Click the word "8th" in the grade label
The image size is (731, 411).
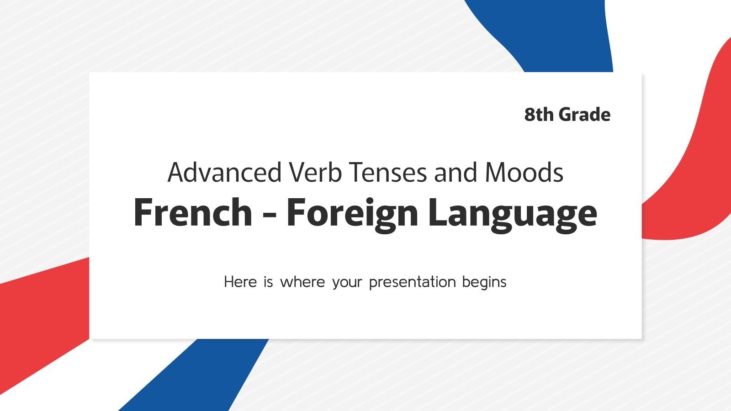(539, 115)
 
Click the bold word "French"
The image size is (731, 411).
(192, 213)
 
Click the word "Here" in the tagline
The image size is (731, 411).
(240, 282)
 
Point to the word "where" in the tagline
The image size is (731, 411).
(302, 282)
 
